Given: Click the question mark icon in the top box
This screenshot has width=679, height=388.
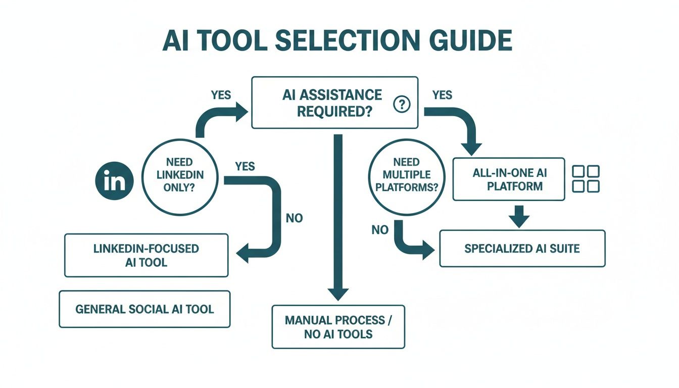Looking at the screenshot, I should click(x=402, y=105).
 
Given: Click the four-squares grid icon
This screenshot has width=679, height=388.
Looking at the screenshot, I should click(x=586, y=179).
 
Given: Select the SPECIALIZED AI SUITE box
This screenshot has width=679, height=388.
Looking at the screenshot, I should click(x=522, y=249).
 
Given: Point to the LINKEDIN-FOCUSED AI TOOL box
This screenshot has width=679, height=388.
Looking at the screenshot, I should click(x=146, y=255).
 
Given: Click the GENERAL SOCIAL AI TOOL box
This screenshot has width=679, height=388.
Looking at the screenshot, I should click(x=144, y=309).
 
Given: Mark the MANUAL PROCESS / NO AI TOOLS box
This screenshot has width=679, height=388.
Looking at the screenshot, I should click(x=338, y=327).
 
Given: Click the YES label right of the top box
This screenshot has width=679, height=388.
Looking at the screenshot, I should click(x=442, y=95).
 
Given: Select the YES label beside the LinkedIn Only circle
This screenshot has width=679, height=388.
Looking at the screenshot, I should click(x=245, y=166).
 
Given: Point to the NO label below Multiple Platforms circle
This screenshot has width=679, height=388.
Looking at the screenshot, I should click(x=380, y=230).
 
